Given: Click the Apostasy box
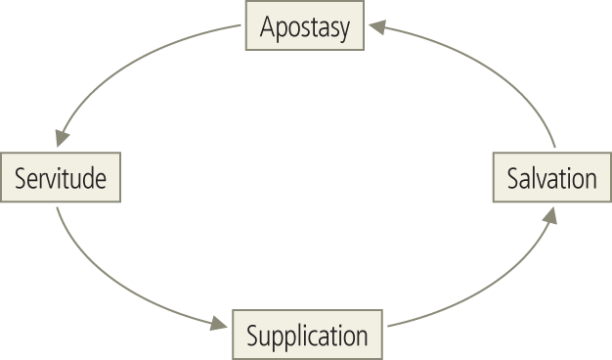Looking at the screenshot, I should (304, 28).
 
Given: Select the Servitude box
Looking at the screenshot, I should (61, 178).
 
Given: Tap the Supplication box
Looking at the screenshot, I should (307, 337).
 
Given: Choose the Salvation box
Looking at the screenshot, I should (550, 178).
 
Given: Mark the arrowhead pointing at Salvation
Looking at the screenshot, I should (551, 214).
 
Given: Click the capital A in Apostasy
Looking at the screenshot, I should (266, 28).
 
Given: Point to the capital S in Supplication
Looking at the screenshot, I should (251, 337).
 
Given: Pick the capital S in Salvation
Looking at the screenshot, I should (512, 179).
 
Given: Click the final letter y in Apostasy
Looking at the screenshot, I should (343, 31).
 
